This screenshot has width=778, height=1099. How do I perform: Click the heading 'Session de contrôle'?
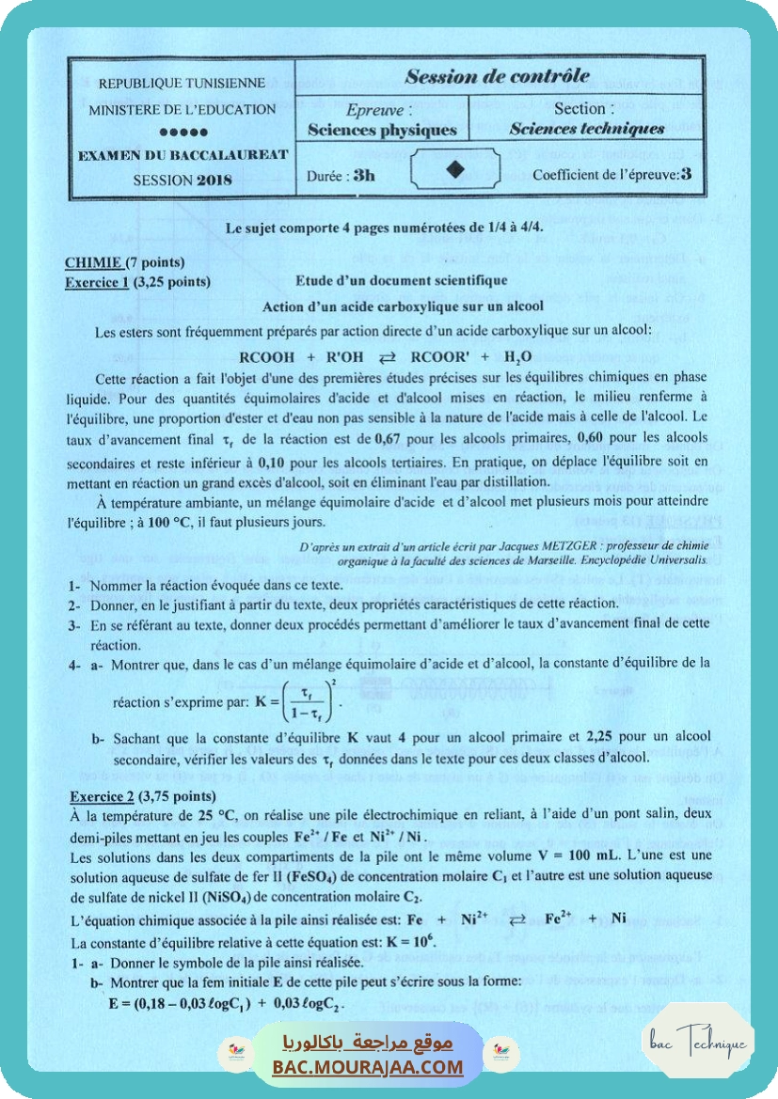(x=498, y=76)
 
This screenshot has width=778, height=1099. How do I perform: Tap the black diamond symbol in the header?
(x=455, y=169)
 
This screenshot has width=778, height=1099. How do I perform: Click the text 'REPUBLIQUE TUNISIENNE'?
(x=182, y=83)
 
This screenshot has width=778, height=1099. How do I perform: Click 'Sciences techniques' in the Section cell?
(x=586, y=129)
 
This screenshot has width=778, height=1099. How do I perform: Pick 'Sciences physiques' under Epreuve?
(x=382, y=131)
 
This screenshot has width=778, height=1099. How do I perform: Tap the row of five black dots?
(x=183, y=132)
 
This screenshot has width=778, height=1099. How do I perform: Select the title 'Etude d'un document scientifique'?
(x=402, y=280)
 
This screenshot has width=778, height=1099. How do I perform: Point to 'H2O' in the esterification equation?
(x=517, y=357)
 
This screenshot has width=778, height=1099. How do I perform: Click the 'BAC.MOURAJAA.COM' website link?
(x=368, y=1067)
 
